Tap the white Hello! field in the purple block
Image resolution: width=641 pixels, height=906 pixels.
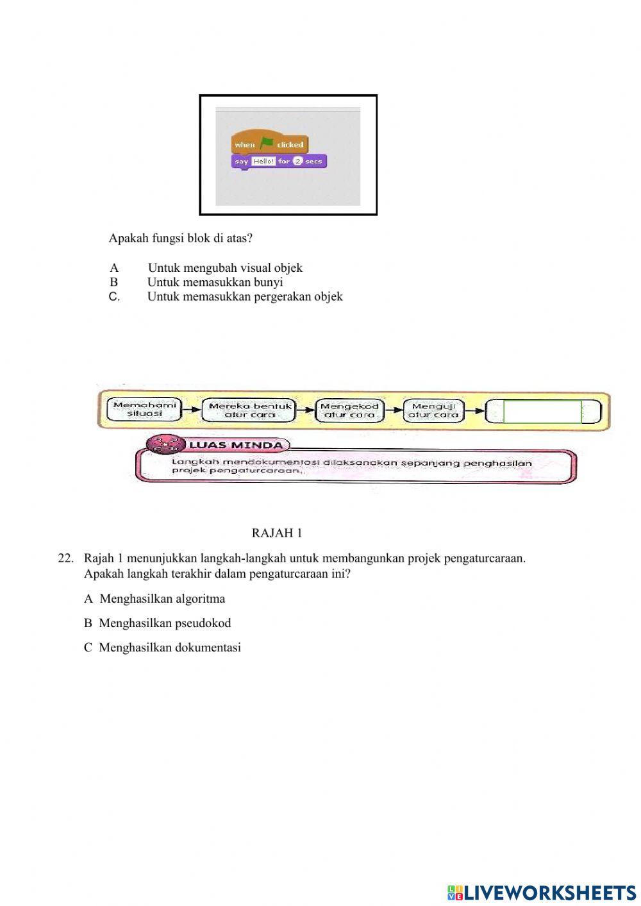263,162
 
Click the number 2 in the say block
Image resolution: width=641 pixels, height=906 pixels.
297,162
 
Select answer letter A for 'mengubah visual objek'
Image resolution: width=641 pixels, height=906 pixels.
114,268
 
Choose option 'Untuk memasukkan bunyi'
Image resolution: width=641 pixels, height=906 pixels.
215,282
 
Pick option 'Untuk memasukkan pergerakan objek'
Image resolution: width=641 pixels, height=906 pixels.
245,296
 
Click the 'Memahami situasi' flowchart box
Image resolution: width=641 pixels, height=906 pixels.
144,410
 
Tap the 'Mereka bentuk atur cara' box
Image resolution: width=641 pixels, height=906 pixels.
249,410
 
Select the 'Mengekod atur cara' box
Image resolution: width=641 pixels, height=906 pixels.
349,410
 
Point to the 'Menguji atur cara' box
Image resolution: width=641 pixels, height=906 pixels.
433,410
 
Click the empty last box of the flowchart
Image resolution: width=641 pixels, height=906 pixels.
543,412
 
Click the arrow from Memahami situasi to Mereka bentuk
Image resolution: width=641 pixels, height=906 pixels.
190,410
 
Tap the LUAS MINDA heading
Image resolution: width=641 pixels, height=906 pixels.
235,445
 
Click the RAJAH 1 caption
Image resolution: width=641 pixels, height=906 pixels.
276,533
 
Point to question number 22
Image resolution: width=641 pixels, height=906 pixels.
65,558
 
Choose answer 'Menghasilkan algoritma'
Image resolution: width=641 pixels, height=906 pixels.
162,599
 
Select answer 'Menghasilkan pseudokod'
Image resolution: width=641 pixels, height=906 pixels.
165,623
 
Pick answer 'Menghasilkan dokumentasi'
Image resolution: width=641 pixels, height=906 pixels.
169,648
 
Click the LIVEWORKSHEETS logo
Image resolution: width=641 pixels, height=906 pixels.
542,893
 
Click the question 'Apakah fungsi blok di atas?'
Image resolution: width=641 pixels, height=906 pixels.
181,238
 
